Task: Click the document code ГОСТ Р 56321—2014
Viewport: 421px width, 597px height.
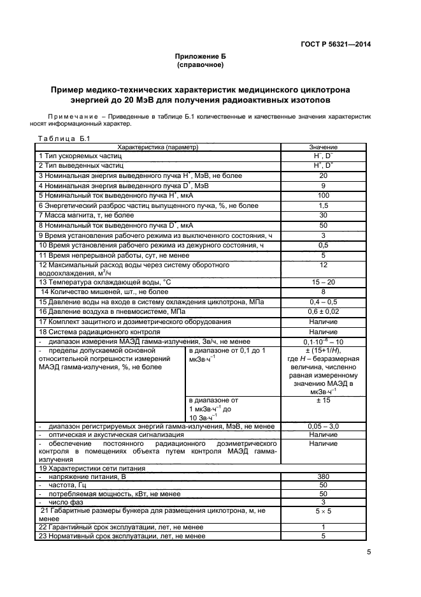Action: [335, 44]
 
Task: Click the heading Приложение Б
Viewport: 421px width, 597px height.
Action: [200, 57]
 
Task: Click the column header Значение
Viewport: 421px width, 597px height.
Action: [323, 147]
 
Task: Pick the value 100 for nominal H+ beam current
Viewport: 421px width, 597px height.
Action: [323, 195]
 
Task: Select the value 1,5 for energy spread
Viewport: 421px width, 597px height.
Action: [323, 205]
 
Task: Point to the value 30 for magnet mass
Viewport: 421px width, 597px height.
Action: [323, 215]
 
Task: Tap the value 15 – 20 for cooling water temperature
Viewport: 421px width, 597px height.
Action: [323, 281]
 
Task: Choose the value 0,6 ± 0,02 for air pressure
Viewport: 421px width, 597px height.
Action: [323, 311]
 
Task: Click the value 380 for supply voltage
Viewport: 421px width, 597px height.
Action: [323, 476]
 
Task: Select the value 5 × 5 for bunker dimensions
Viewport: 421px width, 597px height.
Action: [323, 511]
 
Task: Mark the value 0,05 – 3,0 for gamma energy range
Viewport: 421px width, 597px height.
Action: [323, 426]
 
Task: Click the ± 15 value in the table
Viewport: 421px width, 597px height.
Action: [323, 400]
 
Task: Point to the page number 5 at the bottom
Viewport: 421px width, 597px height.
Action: [369, 553]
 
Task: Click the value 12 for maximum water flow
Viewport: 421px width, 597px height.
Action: [323, 265]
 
